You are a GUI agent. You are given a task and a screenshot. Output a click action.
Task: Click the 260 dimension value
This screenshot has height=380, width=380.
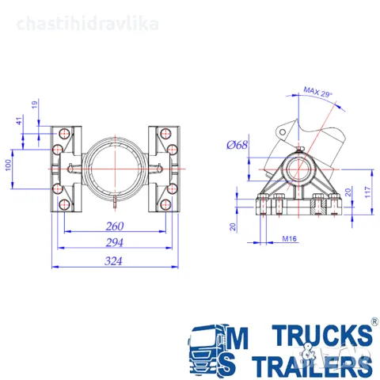[x=115, y=226]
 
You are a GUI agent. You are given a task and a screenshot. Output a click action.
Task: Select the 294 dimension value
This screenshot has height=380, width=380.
[x=115, y=242]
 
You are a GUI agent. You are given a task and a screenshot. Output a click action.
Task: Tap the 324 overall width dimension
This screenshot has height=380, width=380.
[x=113, y=261]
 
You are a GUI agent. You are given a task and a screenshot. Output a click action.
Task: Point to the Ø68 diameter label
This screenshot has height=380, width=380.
[x=237, y=145]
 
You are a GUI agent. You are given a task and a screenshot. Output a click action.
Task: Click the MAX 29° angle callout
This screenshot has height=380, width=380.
[x=317, y=92]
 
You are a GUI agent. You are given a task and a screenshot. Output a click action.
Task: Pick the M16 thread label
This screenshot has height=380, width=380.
[x=290, y=238]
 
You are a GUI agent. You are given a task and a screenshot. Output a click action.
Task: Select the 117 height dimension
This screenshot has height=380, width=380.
[x=368, y=192]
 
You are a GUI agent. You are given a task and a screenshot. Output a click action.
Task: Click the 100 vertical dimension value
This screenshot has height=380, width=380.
[x=9, y=165]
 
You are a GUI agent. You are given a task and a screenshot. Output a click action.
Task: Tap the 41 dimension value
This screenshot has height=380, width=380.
[x=19, y=121]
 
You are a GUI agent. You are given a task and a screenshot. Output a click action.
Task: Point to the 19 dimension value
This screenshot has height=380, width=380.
[x=35, y=104]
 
